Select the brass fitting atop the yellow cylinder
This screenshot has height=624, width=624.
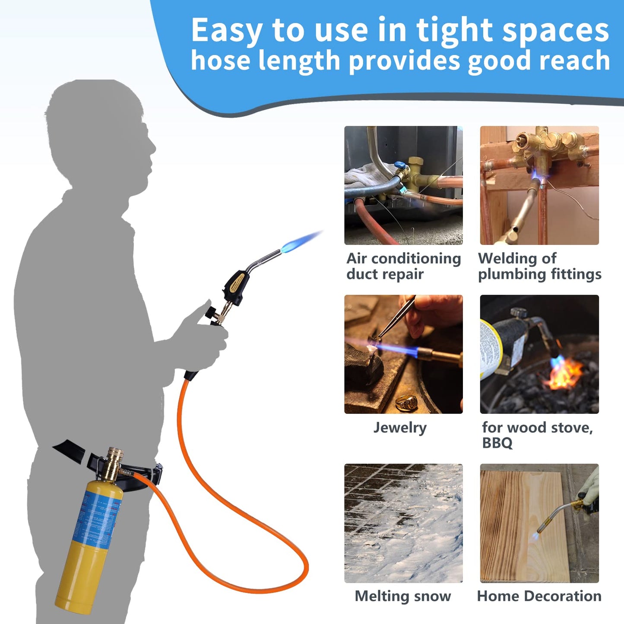[x=113, y=462]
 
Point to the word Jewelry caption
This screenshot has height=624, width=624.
[x=400, y=428]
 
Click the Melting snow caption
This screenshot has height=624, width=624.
[x=402, y=596]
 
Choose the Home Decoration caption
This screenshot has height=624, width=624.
[x=539, y=596]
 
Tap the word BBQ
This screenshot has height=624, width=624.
[x=497, y=443]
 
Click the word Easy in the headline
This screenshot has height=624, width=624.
[x=226, y=30]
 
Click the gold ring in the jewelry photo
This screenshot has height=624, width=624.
[x=407, y=402]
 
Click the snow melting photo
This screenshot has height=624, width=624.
[x=403, y=523]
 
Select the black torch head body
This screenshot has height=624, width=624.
[x=237, y=282]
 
